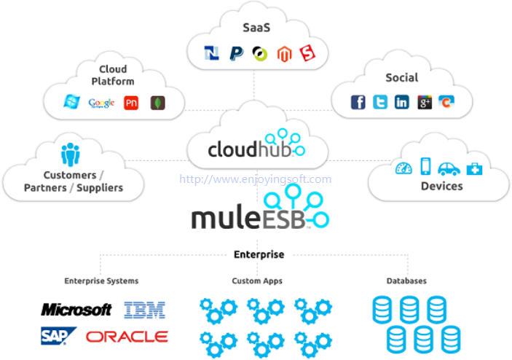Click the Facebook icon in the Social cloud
click(358, 102)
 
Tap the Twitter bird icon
click(380, 102)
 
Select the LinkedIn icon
click(401, 102)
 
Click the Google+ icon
click(425, 102)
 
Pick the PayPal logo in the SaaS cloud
click(237, 53)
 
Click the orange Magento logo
click(284, 54)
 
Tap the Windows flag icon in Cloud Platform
click(71, 101)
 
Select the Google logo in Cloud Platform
click(101, 103)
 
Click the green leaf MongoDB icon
click(157, 103)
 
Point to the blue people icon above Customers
click(70, 154)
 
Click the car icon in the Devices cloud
click(449, 168)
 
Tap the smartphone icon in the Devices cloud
click(425, 166)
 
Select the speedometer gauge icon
click(403, 168)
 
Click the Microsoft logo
click(76, 310)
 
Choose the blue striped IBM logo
click(145, 310)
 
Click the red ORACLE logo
click(127, 337)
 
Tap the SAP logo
click(58, 335)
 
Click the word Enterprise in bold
click(259, 254)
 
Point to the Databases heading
click(406, 281)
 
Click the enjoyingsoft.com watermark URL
click(256, 179)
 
